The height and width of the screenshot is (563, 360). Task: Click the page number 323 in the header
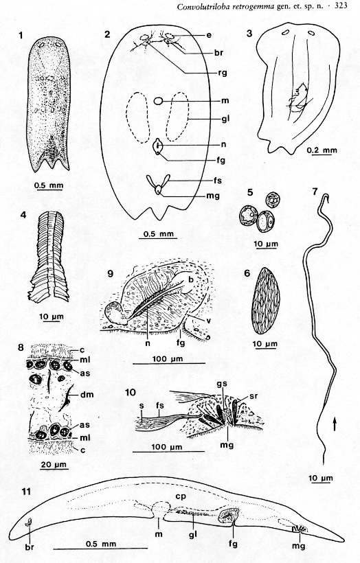[341, 5]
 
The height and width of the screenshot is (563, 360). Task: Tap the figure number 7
[315, 192]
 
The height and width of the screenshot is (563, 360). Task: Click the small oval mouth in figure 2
[158, 101]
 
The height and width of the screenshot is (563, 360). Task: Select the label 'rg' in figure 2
[223, 73]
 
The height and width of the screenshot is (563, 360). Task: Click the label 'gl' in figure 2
[225, 119]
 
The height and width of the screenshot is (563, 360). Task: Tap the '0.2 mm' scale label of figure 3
[322, 150]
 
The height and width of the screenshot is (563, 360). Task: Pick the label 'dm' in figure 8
[87, 394]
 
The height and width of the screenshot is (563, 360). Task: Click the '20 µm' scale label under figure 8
[54, 464]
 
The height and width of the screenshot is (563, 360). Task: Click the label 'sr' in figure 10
[254, 396]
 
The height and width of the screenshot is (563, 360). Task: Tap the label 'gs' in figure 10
[222, 384]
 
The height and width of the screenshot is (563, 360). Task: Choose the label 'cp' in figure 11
[181, 496]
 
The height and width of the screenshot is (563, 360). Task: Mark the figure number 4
[23, 215]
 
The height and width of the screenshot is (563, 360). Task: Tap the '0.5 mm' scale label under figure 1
[49, 185]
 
